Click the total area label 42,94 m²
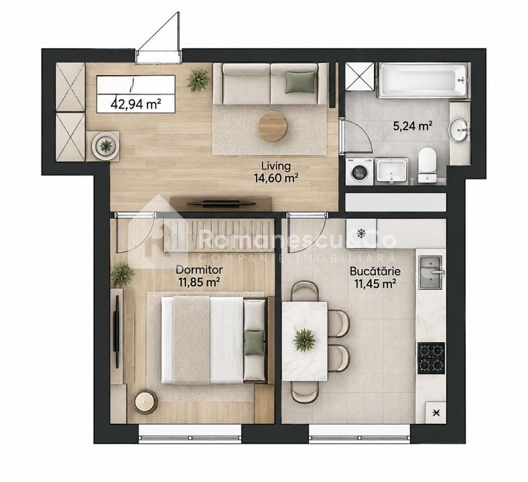(135, 104)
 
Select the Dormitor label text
(200, 270)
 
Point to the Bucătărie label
(375, 271)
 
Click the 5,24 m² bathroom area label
(413, 126)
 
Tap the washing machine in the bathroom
(360, 171)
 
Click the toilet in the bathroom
(427, 165)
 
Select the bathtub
(423, 80)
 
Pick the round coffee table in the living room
(273, 127)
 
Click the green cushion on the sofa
(301, 82)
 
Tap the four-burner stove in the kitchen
(432, 358)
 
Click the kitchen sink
(431, 272)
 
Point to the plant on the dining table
(304, 339)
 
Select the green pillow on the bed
(254, 342)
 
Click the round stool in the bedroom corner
(145, 401)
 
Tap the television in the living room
(221, 203)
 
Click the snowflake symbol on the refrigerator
(361, 232)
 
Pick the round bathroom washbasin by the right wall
(458, 129)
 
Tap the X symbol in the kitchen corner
(436, 412)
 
